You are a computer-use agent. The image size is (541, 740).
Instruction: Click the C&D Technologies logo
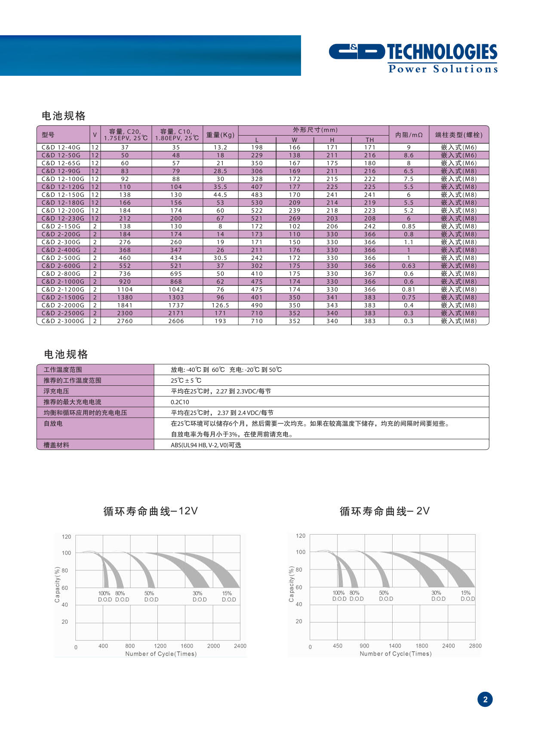tap(413, 58)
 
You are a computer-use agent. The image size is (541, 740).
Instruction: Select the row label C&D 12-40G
tap(61, 147)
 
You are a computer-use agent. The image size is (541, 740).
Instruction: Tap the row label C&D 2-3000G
tap(63, 321)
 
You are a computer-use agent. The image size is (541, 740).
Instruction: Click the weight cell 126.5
tap(220, 305)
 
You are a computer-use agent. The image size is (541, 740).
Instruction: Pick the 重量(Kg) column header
tap(220, 135)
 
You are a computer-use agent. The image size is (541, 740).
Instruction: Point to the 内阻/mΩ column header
tap(409, 135)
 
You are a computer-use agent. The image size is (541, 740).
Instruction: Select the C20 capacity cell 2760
tap(125, 321)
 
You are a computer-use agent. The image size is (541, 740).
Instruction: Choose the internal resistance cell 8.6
tap(409, 155)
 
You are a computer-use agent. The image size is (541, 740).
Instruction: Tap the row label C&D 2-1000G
tap(63, 282)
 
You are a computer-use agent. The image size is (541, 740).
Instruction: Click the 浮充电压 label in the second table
tap(56, 391)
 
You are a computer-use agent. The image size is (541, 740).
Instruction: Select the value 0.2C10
tap(180, 402)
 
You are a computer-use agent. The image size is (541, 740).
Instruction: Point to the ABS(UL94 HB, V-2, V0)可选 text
tap(206, 445)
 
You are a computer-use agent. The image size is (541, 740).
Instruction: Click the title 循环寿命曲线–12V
tap(151, 511)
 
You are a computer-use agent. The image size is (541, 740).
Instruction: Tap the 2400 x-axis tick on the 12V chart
tap(240, 646)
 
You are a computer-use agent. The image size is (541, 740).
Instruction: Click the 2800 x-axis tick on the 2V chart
tap(475, 646)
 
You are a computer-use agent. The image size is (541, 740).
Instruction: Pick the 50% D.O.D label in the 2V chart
tap(385, 596)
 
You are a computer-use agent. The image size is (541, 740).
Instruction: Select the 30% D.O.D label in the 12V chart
tap(199, 596)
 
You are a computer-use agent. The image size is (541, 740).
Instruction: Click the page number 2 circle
tap(485, 699)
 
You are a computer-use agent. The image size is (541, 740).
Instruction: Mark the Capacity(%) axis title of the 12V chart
tap(57, 584)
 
